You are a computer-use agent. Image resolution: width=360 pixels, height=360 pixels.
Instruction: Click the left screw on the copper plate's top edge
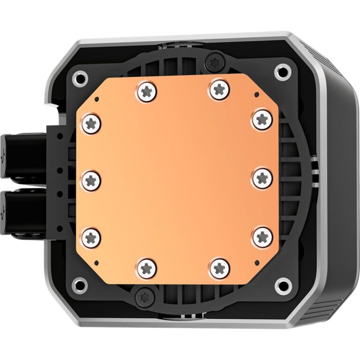(146, 91)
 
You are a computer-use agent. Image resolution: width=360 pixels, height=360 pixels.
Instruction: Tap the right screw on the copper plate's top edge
(219, 90)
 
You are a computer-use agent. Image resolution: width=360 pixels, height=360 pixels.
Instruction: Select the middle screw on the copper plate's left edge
(91, 180)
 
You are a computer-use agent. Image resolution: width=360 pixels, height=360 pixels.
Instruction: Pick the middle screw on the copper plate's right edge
(262, 178)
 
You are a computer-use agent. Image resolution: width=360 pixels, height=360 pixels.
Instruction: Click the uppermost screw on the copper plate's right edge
(262, 119)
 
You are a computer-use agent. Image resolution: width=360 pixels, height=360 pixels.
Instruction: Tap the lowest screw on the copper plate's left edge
(92, 238)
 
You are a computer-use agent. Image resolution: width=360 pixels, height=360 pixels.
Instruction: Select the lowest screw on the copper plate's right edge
(262, 237)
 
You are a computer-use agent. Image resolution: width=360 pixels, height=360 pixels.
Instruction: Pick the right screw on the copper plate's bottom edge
(219, 268)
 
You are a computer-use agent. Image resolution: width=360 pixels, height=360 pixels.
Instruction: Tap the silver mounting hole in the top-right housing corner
(282, 72)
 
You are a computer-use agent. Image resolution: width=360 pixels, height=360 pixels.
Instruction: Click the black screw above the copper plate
(217, 61)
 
